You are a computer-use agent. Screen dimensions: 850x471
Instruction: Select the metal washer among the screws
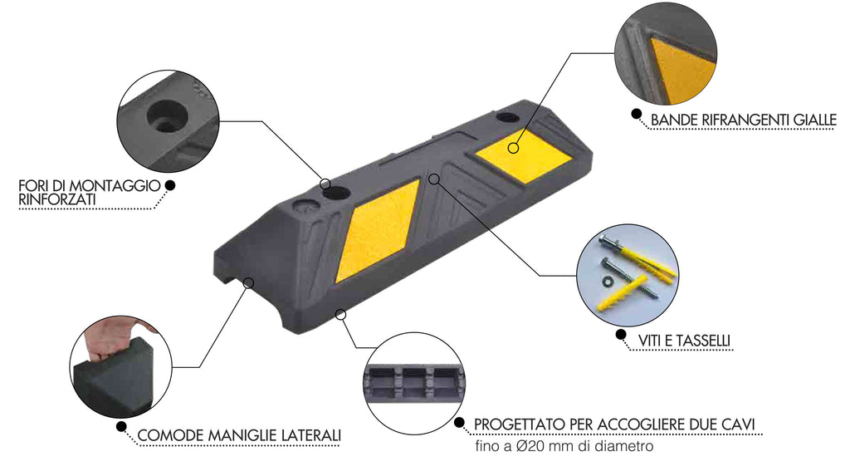(x=608, y=281)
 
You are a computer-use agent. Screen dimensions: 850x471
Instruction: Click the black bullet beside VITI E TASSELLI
(x=621, y=334)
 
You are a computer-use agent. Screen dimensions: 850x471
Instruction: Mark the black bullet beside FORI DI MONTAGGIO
(x=169, y=185)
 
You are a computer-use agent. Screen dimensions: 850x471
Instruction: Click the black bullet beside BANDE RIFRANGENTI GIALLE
(x=636, y=114)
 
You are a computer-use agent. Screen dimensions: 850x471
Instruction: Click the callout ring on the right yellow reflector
(x=513, y=148)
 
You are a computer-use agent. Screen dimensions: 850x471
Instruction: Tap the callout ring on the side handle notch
(x=249, y=282)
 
